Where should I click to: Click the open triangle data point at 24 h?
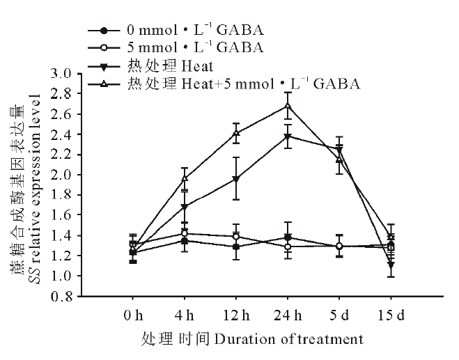click(x=288, y=106)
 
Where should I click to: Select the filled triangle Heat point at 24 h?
click(x=288, y=136)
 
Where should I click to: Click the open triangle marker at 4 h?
click(x=185, y=178)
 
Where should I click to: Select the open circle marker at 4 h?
click(x=185, y=233)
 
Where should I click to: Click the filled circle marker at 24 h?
click(x=288, y=237)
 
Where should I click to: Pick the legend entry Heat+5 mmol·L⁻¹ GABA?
click(x=244, y=84)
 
